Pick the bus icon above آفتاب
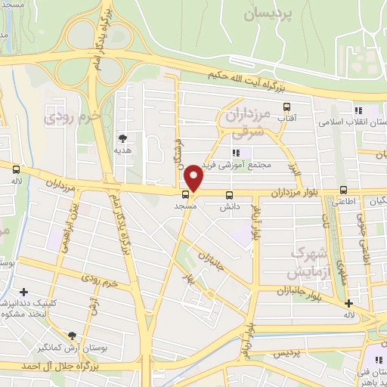tap(286, 107)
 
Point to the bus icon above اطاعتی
tap(344, 190)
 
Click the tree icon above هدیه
tap(121, 138)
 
